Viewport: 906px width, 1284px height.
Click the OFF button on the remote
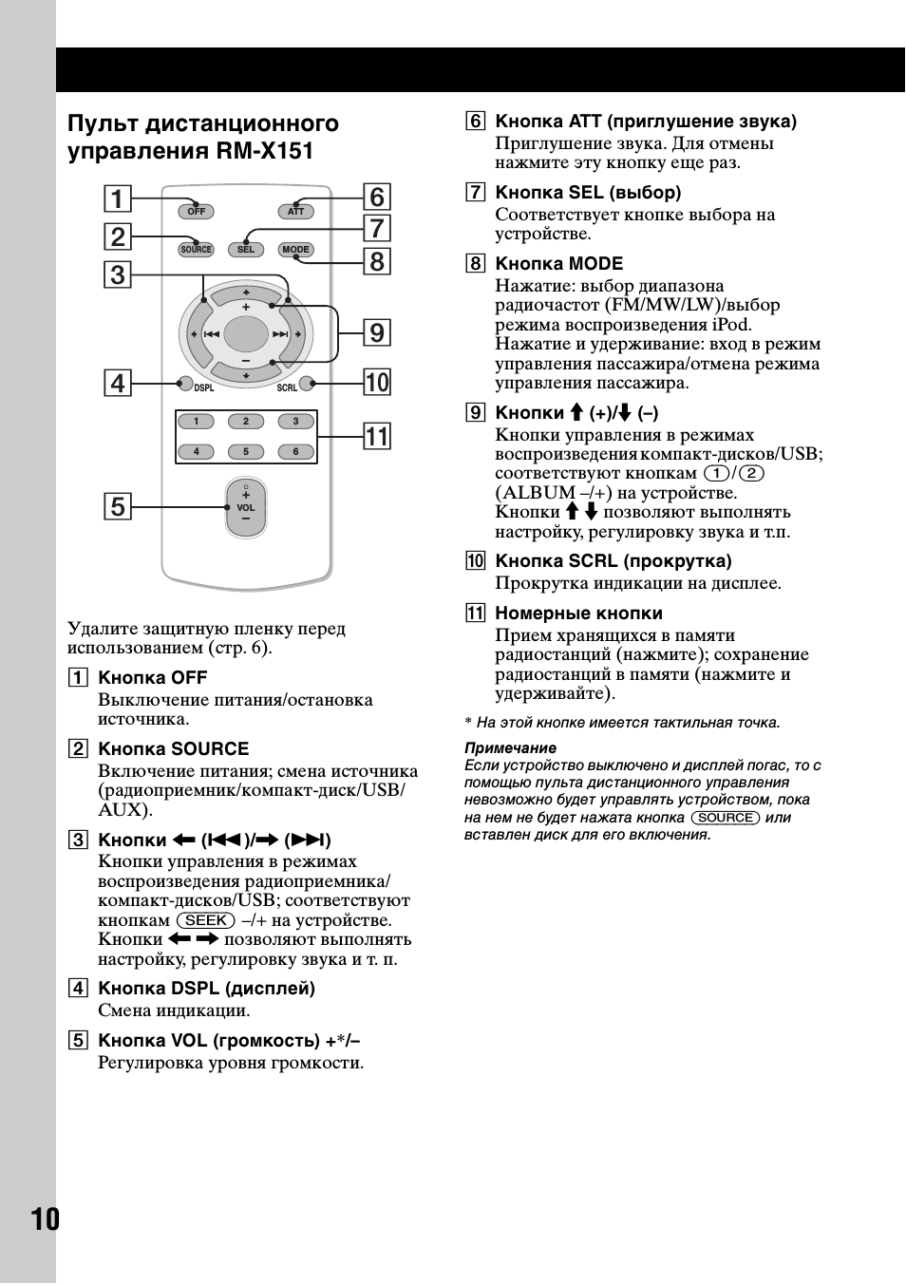pyautogui.click(x=197, y=211)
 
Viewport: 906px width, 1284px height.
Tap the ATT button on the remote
pyautogui.click(x=295, y=211)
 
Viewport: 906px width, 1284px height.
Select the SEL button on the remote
pyautogui.click(x=246, y=250)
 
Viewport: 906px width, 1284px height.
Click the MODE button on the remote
pyautogui.click(x=295, y=250)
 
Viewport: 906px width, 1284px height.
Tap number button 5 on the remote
pyautogui.click(x=246, y=452)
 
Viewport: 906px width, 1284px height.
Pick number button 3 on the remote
pyautogui.click(x=295, y=422)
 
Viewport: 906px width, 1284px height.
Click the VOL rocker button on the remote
pyautogui.click(x=246, y=508)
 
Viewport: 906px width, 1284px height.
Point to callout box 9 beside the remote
pyautogui.click(x=377, y=332)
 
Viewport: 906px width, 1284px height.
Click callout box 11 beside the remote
pyautogui.click(x=377, y=437)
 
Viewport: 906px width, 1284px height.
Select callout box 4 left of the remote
pyautogui.click(x=117, y=383)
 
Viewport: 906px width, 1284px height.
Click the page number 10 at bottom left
pyautogui.click(x=45, y=1219)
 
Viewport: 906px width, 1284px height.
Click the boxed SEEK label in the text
pyautogui.click(x=206, y=920)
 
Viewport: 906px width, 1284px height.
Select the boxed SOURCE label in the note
pyautogui.click(x=726, y=818)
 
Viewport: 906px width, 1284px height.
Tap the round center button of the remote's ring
pyautogui.click(x=246, y=333)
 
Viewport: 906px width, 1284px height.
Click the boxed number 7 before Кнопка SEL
pyautogui.click(x=475, y=193)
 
